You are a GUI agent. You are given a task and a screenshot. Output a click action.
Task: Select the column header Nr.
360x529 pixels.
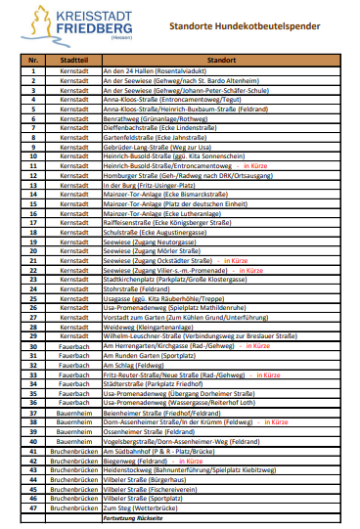click(x=33, y=62)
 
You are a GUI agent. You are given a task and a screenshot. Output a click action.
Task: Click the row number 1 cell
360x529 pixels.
click(x=33, y=72)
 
